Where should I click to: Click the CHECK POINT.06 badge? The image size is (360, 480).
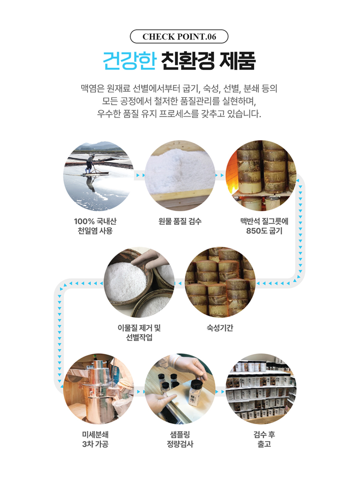point(179,36)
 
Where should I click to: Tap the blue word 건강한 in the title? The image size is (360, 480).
point(129,61)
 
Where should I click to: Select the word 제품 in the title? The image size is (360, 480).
point(237,61)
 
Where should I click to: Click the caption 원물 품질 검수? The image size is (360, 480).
point(180,221)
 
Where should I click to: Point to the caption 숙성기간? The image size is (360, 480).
point(220,328)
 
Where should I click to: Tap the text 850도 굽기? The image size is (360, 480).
point(264,231)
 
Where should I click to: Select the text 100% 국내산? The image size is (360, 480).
point(95,221)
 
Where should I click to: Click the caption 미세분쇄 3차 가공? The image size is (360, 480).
point(95,439)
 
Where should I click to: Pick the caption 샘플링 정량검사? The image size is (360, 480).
point(180,439)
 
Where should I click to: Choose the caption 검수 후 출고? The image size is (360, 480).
point(264,439)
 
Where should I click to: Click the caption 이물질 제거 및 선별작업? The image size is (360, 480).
point(139,332)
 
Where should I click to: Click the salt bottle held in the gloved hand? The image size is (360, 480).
point(194,393)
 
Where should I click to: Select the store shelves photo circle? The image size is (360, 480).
point(261,389)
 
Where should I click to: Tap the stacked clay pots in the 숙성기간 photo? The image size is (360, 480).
point(220,282)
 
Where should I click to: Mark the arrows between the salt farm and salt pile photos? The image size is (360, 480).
point(139,175)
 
